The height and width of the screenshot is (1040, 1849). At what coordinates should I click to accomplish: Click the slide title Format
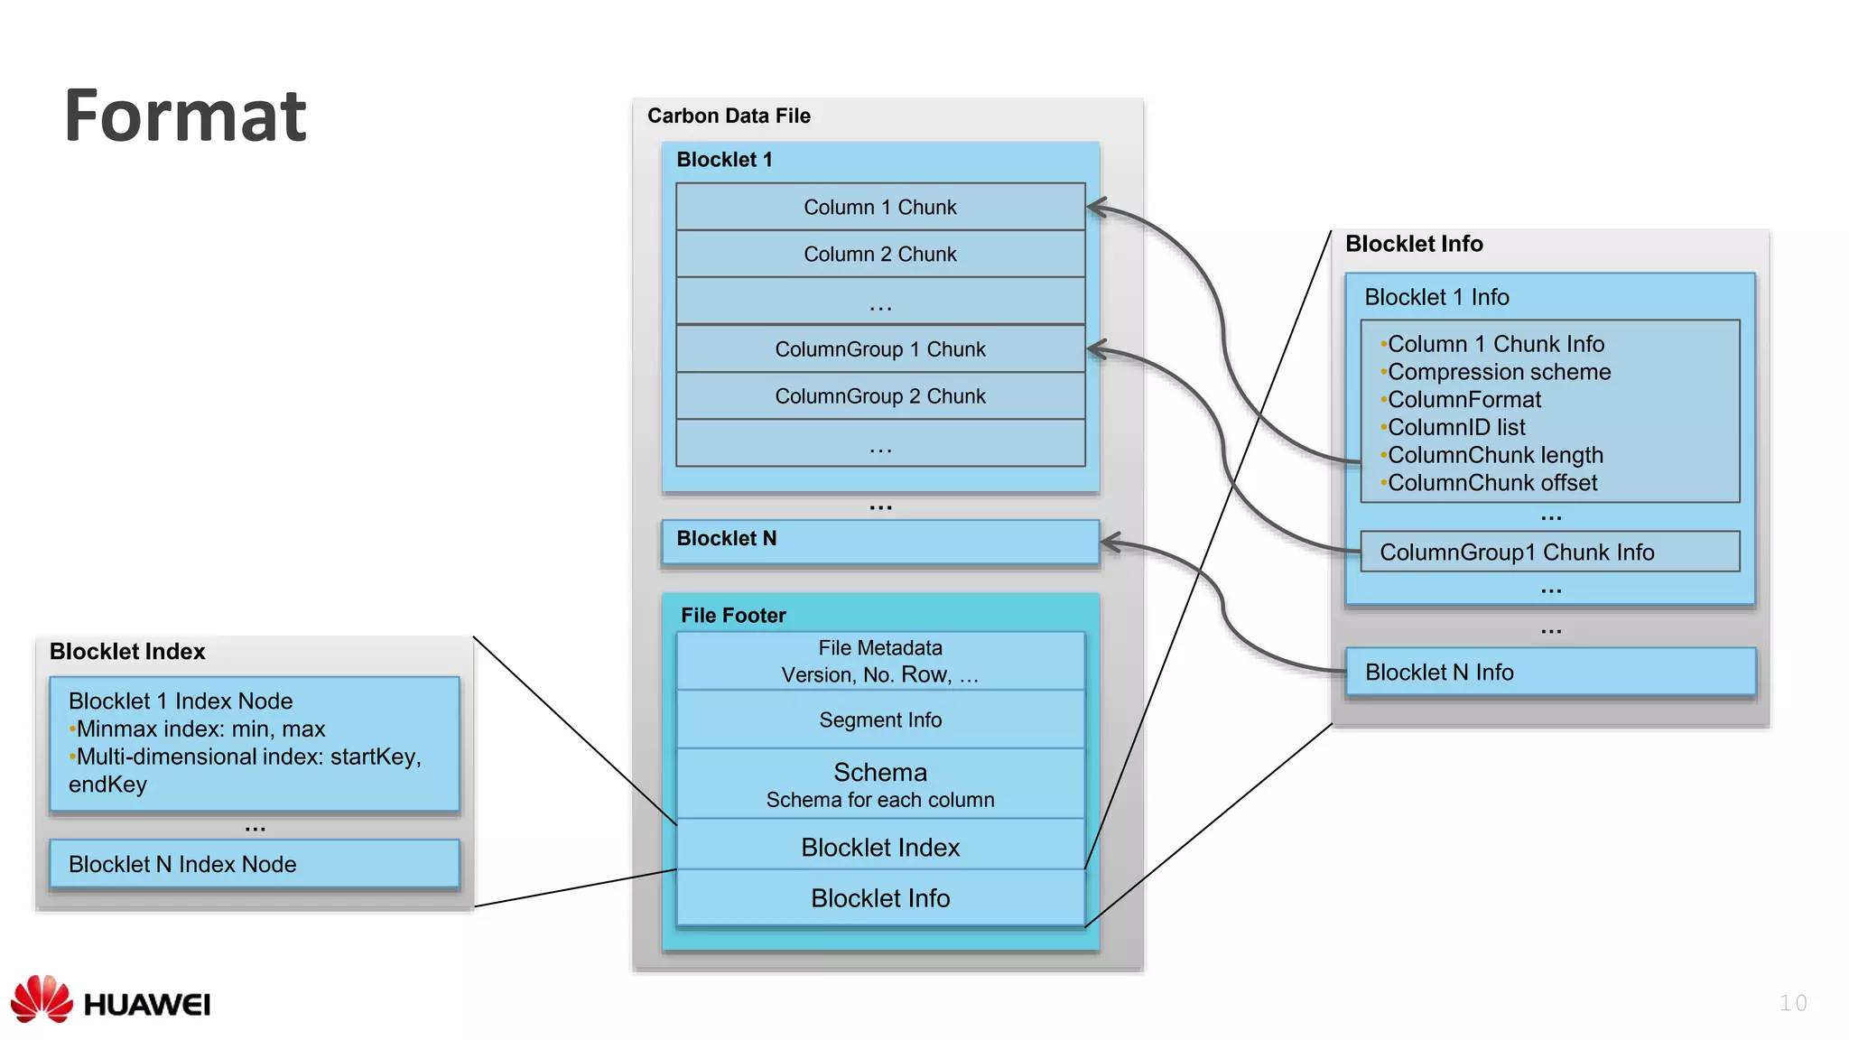(185, 116)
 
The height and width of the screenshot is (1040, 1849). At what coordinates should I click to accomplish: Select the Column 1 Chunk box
(879, 207)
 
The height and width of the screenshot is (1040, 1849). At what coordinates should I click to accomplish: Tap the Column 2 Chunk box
(879, 254)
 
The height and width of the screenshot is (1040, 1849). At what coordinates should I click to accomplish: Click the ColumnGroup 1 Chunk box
(879, 348)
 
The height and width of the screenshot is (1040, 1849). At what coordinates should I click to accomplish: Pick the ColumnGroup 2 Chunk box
(879, 395)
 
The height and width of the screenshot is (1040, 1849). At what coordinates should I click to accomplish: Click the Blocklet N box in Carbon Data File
(879, 541)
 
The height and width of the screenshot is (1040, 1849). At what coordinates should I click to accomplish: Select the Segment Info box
(879, 720)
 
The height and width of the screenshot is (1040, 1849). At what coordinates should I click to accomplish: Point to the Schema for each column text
(879, 800)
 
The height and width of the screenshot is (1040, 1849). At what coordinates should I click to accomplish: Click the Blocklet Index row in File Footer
(879, 847)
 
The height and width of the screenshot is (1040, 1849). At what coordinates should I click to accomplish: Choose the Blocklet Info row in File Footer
(879, 897)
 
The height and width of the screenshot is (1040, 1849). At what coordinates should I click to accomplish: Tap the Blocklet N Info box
(1549, 672)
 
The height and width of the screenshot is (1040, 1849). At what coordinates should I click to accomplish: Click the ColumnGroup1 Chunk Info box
(1549, 552)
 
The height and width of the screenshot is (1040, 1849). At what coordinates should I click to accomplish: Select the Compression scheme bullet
(1499, 372)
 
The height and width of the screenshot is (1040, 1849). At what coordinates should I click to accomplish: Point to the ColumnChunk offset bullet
(1491, 483)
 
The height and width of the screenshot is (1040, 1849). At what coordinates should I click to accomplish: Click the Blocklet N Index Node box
(254, 864)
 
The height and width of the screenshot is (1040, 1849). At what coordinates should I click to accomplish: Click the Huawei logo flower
(42, 998)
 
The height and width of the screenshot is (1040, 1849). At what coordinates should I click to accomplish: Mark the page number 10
(1792, 1003)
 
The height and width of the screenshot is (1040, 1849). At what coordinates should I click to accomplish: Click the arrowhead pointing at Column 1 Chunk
(1095, 208)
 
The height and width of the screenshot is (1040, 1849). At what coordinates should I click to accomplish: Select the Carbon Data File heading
(729, 116)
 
